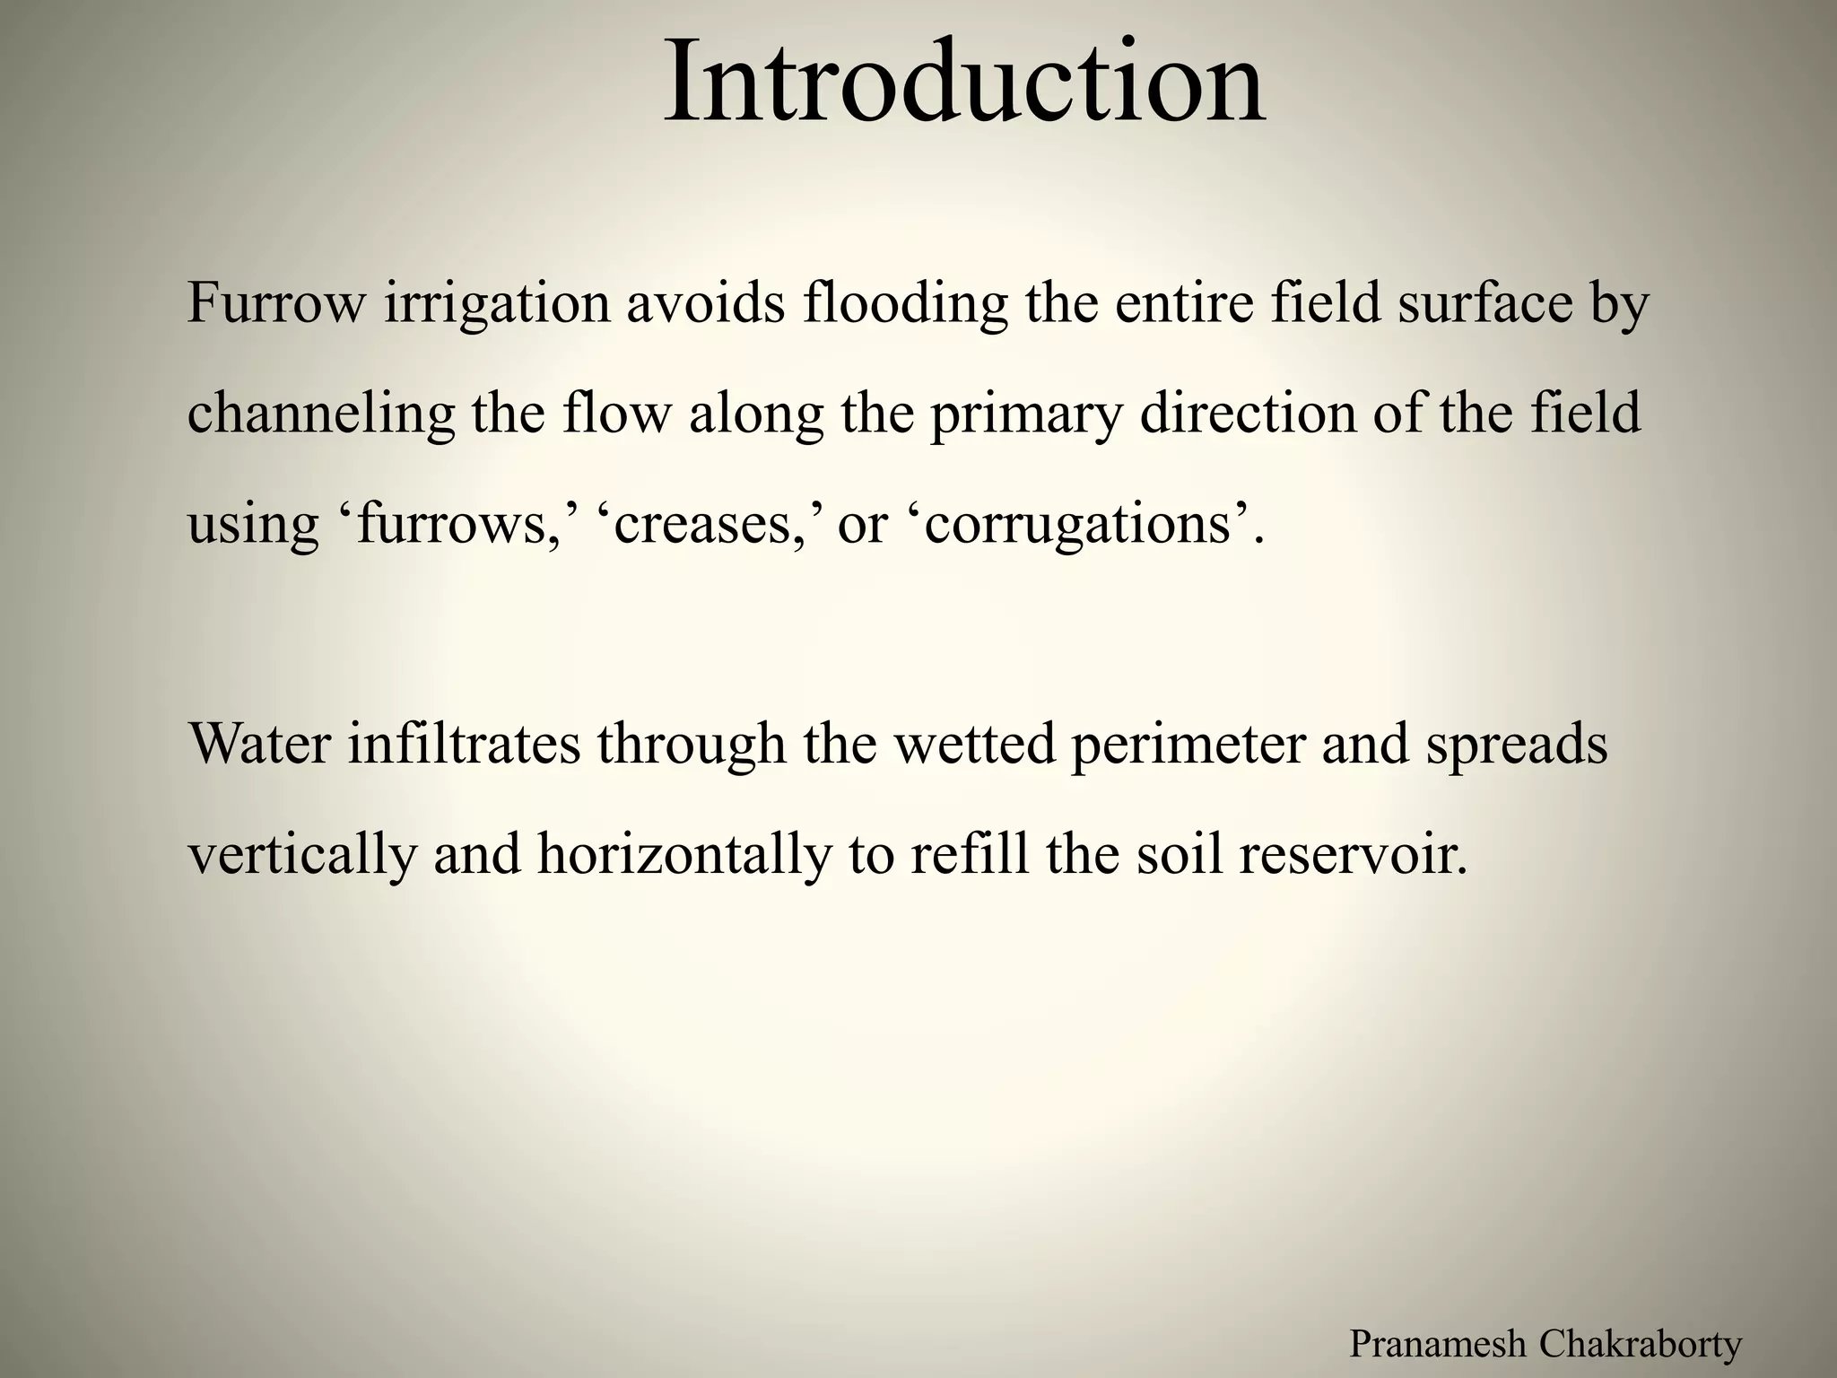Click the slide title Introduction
tap(964, 83)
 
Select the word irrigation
tap(497, 305)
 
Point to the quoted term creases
tap(707, 525)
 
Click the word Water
tap(260, 744)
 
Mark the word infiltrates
tap(464, 744)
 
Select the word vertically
tap(302, 856)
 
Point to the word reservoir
tap(1353, 854)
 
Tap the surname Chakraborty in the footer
tap(1641, 1345)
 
